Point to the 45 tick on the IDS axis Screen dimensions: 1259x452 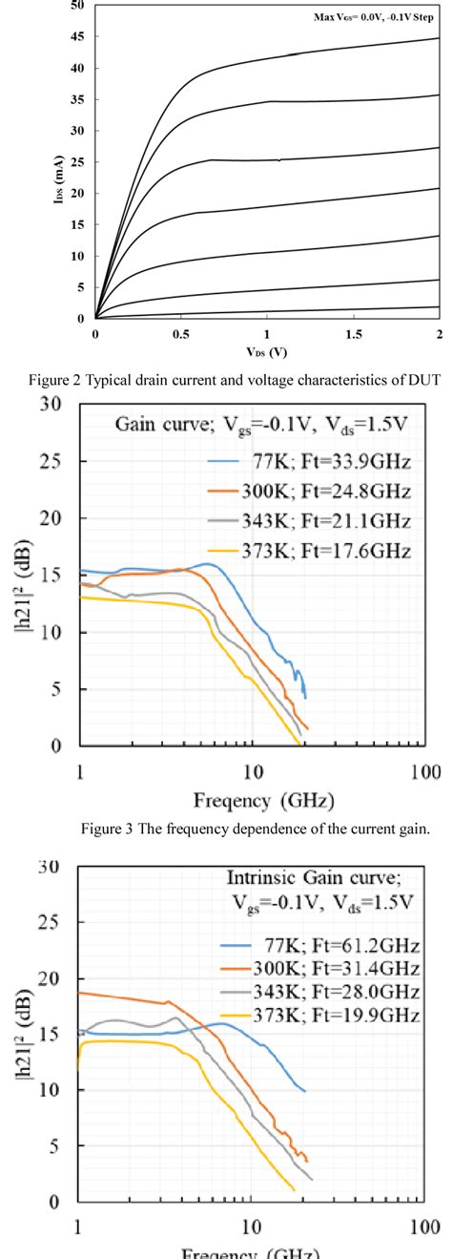click(x=77, y=37)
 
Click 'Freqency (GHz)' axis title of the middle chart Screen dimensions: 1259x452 click(x=257, y=798)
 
